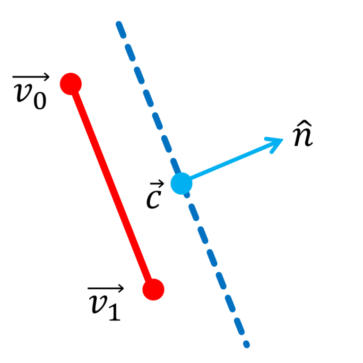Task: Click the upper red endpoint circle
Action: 71,84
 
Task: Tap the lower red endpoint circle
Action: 153,289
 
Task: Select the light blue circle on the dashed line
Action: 181,183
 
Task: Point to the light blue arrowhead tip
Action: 282,138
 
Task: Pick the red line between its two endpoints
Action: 112,187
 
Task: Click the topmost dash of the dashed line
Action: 121,30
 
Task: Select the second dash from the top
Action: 130,53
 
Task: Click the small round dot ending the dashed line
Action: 246,345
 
